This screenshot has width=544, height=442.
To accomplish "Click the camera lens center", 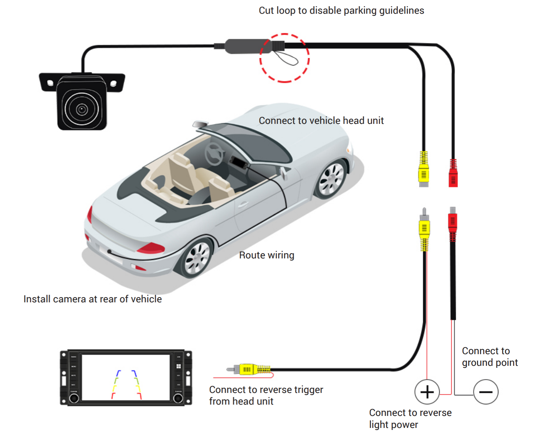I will pos(82,109).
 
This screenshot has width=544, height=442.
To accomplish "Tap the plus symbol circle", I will pos(427,392).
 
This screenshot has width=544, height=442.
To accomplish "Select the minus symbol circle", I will pos(486,392).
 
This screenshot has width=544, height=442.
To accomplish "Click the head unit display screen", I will pos(126,377).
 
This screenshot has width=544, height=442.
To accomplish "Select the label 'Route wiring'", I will pos(267,255).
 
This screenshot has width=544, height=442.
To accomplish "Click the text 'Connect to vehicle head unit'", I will pos(321,121).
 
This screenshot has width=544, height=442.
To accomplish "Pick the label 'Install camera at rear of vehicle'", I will pos(92,299).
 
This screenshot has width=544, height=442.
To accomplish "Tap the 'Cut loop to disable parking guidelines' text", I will pos(341,11).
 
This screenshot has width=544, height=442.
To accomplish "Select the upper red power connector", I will pos(453,174).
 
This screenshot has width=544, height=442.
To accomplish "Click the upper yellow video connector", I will pos(424,170).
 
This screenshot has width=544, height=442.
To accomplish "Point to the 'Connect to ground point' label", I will pos(489,357).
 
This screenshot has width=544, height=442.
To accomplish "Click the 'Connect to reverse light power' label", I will pos(410,419).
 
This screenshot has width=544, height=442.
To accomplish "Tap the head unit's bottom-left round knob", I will pos(74,398).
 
